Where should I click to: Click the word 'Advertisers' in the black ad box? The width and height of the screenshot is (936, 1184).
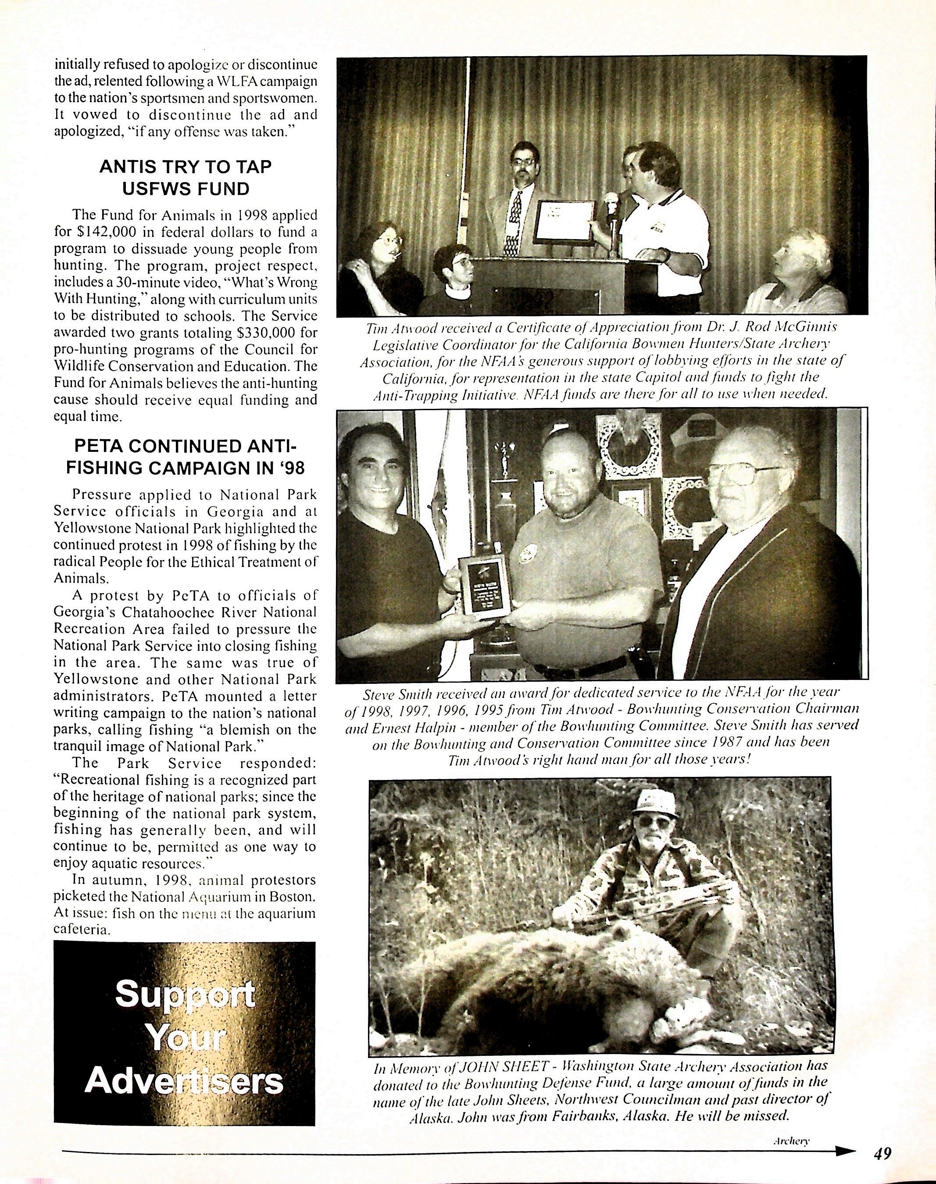click(184, 1080)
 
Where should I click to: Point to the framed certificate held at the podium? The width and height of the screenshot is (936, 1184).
click(564, 222)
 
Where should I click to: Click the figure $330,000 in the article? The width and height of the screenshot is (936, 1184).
click(260, 333)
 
